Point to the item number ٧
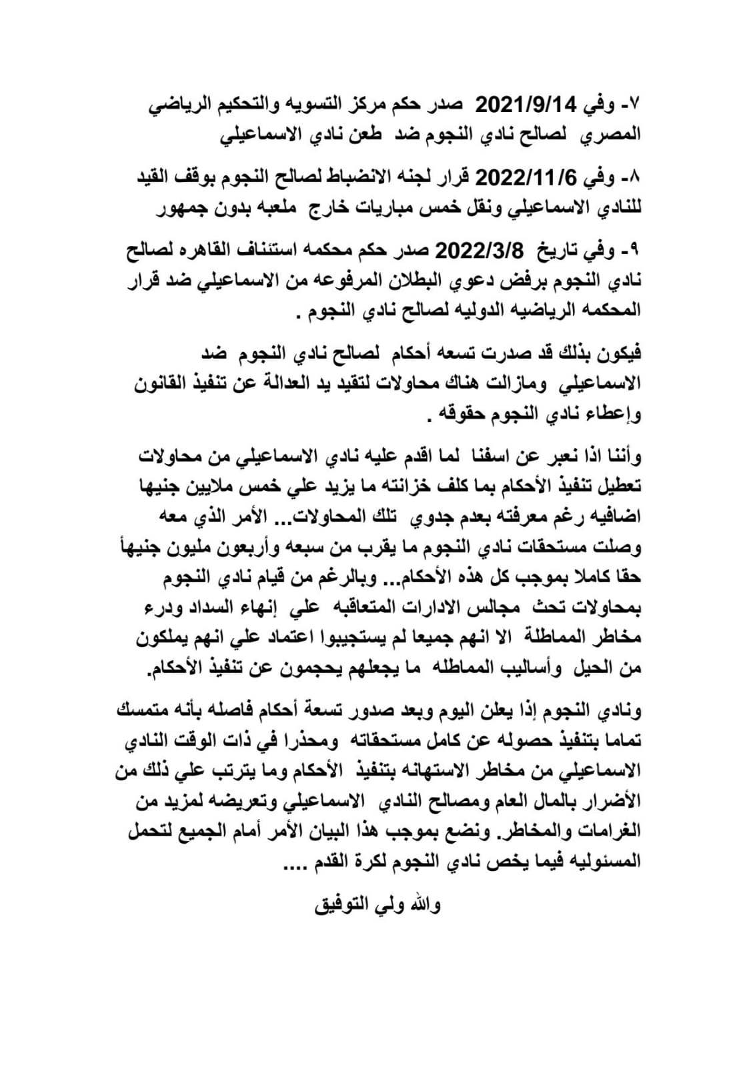click(631, 105)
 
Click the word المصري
click(613, 134)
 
